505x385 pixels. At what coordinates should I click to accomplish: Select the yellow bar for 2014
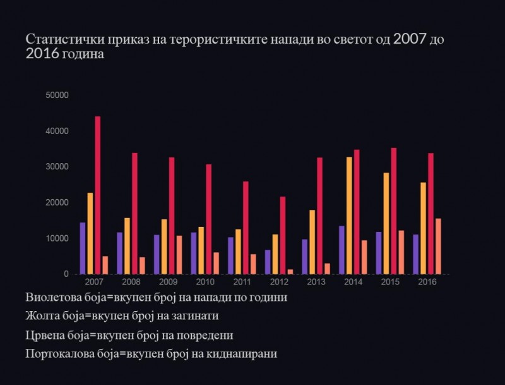coord(350,215)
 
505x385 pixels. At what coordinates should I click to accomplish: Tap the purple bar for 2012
coord(268,262)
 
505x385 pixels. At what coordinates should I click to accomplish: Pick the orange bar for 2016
coord(438,246)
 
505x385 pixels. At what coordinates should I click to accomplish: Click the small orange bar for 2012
coord(290,272)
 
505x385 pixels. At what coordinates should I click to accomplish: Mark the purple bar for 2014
coord(342,250)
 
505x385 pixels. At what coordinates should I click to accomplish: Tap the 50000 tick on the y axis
coord(57,95)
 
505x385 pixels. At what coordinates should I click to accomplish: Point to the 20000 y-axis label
coord(57,202)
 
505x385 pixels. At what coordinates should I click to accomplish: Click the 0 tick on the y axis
coord(66,274)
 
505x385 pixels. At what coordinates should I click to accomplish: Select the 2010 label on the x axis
coord(205,281)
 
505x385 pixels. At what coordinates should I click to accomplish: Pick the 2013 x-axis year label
coord(316,281)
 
